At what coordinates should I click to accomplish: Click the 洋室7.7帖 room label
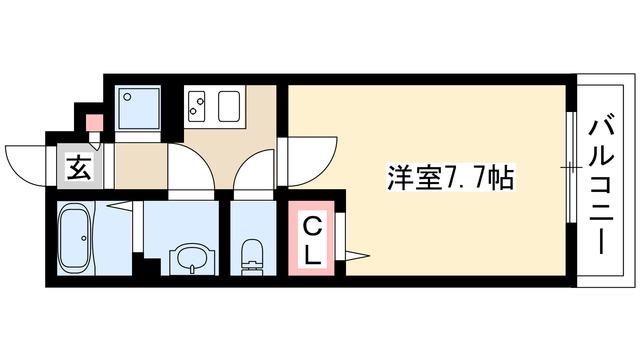point(450,178)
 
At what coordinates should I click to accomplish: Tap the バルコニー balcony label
point(601,187)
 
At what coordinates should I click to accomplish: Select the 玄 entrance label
point(78,168)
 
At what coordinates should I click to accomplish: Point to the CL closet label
point(312,240)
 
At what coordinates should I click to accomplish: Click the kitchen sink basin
point(229,106)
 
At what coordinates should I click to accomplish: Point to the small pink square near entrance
point(94,122)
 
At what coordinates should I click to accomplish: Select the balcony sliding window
point(572,167)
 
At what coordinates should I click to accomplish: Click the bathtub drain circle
point(84,238)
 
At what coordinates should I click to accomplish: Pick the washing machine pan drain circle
point(127,97)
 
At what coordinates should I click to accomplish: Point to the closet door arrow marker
point(358,256)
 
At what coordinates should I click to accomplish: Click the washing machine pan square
point(138,108)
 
